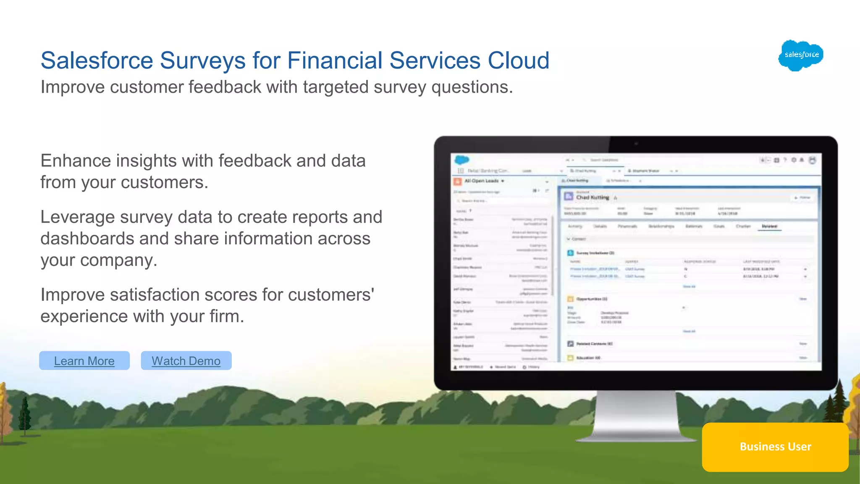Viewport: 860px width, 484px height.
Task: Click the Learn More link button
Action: click(84, 361)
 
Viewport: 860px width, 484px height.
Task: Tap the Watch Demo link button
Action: click(186, 361)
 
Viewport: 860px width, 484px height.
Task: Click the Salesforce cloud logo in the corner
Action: click(801, 55)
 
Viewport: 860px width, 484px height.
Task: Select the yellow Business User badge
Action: click(775, 447)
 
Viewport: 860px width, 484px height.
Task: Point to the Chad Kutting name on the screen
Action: click(592, 197)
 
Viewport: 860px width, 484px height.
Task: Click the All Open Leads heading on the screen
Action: click(481, 181)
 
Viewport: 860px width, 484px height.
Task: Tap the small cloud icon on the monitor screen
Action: click(461, 160)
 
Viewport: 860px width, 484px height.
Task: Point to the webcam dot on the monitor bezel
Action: click(636, 144)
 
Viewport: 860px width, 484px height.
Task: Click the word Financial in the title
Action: click(335, 60)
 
